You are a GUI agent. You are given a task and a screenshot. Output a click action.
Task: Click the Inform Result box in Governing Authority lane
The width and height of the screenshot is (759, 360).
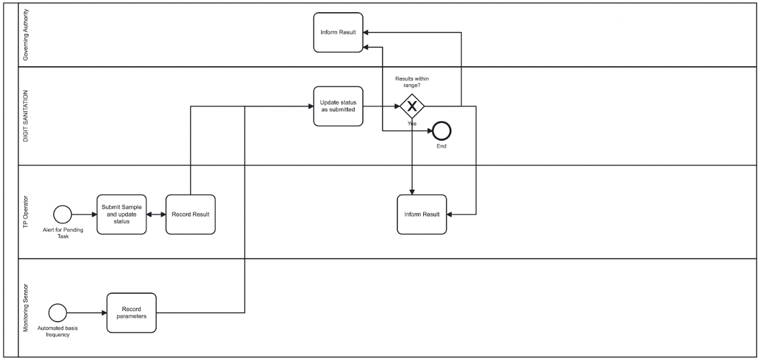pos(338,32)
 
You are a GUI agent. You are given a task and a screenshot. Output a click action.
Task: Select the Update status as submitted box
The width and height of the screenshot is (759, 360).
pos(338,106)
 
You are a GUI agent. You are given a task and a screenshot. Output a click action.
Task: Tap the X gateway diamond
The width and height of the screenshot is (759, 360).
pos(412,106)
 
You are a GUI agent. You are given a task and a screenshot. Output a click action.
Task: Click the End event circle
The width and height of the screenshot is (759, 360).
pos(442,131)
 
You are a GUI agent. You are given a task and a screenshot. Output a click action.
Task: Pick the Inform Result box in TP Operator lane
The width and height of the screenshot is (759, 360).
pos(422,214)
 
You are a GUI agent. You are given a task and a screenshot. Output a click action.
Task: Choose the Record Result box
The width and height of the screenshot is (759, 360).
pos(190,214)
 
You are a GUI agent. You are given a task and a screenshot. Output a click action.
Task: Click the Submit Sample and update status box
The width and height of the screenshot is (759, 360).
pos(122,214)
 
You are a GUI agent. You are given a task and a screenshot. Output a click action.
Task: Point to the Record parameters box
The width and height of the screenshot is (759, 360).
pos(131,313)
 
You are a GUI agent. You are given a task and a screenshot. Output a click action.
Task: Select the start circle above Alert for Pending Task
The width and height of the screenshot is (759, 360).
pos(63,214)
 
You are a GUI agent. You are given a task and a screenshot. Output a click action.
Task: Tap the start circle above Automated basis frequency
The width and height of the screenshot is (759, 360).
pos(58,313)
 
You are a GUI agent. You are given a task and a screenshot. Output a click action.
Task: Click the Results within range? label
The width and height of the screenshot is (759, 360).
pos(412,83)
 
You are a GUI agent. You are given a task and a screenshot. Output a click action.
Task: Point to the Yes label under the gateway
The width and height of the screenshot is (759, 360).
pos(412,123)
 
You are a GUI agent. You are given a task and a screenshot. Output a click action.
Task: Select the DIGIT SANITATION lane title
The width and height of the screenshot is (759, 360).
pos(26,116)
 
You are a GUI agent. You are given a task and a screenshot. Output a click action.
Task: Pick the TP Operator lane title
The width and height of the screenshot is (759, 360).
pos(26,212)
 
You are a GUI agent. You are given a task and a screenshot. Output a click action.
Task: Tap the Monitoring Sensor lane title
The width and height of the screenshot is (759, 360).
pos(26,307)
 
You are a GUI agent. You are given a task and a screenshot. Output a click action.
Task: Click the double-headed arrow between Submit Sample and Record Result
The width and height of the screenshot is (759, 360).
pos(156,214)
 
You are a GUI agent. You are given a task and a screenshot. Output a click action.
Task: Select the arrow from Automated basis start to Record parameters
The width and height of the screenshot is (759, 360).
pos(86,313)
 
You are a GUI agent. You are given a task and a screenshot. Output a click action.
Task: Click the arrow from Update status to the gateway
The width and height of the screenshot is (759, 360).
pos(381,106)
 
